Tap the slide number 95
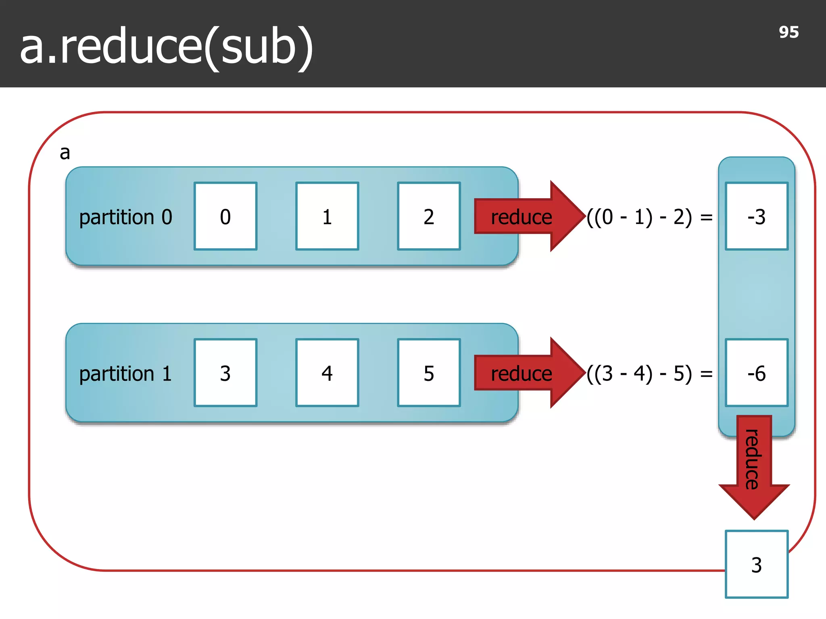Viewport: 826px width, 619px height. [788, 32]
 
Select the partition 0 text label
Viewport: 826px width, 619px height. [125, 217]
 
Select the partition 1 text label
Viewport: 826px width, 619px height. [125, 374]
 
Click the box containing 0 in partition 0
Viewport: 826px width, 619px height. [225, 216]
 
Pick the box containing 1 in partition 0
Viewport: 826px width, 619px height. [327, 216]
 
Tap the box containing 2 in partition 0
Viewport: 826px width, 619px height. [429, 216]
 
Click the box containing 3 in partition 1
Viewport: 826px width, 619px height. [225, 373]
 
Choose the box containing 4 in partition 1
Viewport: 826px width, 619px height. [327, 373]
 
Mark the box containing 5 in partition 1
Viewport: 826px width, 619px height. [429, 373]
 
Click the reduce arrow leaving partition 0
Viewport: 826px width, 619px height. [524, 217]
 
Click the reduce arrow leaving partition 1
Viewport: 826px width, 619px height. [524, 373]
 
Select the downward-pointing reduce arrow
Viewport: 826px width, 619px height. [753, 463]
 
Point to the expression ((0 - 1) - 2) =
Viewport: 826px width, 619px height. [649, 217]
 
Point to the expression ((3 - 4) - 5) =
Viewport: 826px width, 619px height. [649, 374]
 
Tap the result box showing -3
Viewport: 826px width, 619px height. [756, 216]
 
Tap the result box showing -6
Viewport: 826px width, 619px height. [756, 373]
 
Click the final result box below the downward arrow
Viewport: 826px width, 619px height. [756, 564]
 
